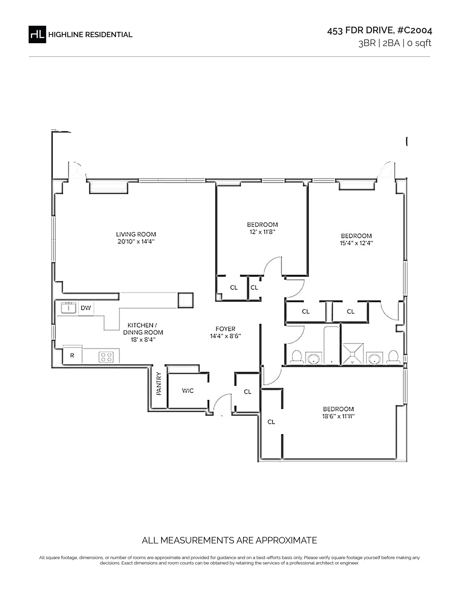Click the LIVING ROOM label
point(136,234)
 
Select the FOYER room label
point(225,329)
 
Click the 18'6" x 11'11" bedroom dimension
point(339,416)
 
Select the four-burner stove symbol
point(106,357)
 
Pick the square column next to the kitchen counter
point(185,300)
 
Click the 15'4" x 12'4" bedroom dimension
point(356,243)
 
